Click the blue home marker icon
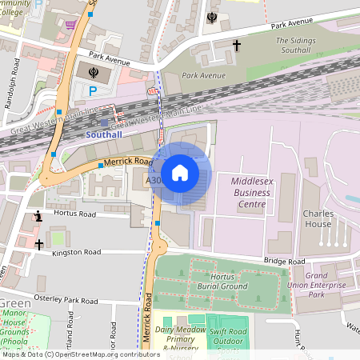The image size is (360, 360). point(180,173)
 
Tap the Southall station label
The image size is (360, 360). point(106,134)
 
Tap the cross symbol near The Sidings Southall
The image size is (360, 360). point(236,46)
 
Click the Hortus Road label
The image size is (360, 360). point(74,214)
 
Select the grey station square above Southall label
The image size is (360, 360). point(105,122)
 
